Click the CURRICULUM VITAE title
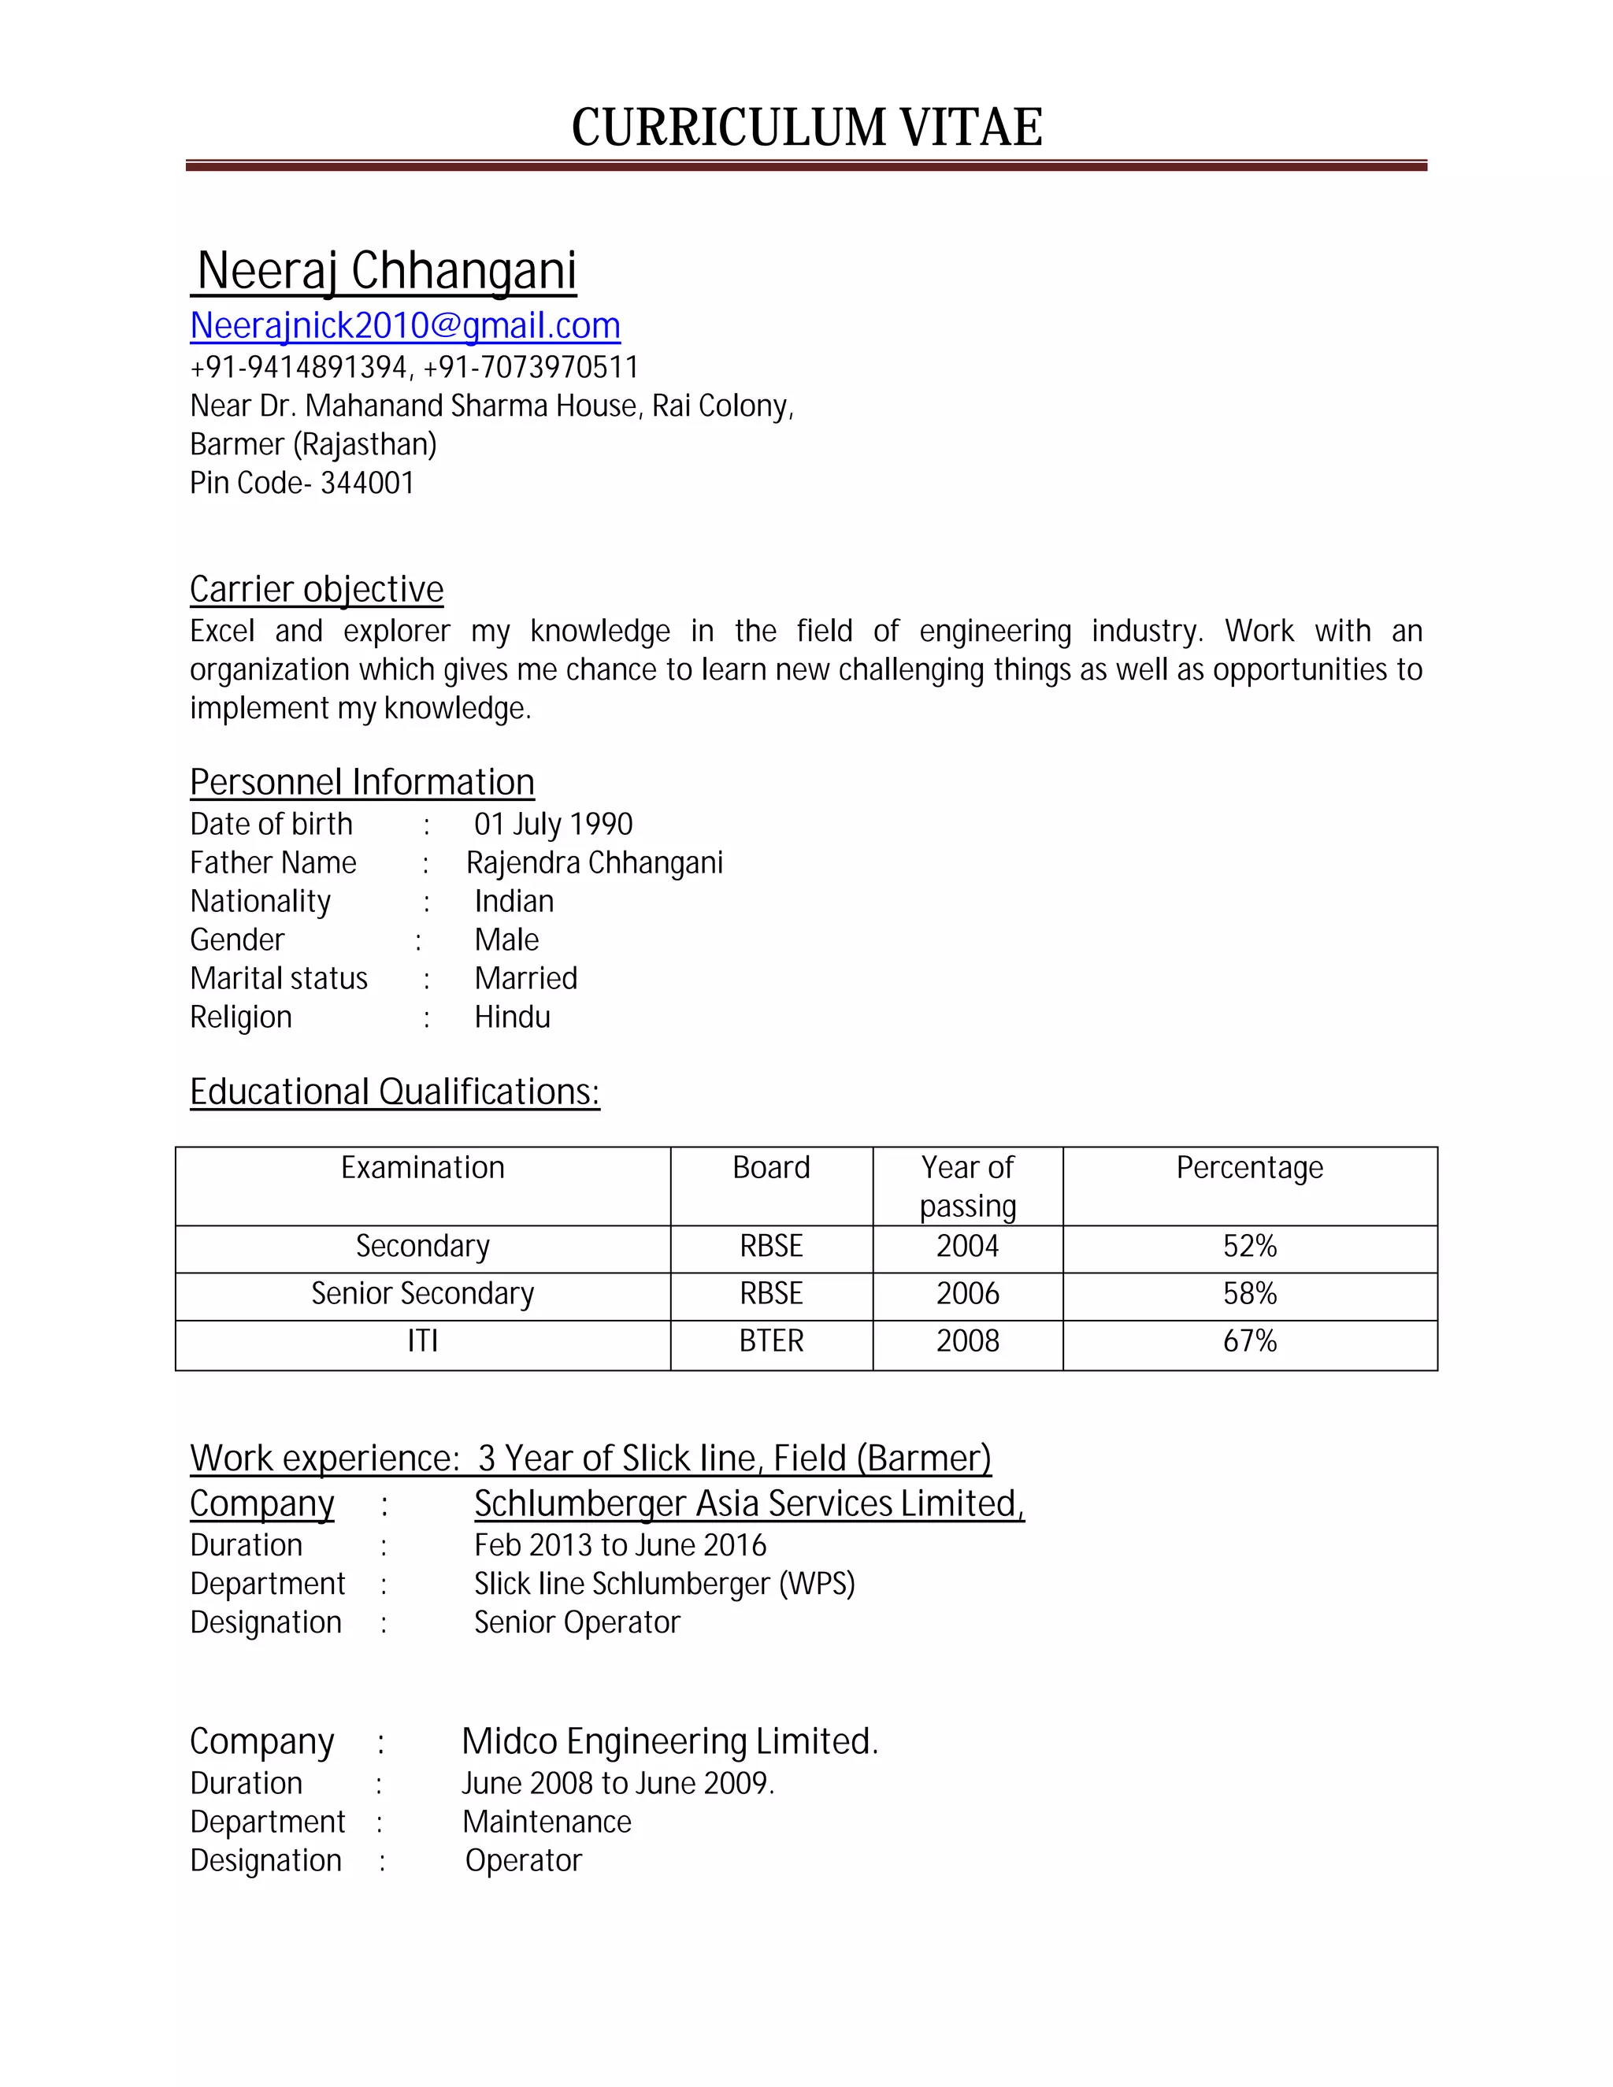click(806, 127)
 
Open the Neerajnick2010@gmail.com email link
click(405, 326)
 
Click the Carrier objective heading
click(317, 590)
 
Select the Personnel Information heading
click(362, 783)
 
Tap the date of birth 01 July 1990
click(553, 824)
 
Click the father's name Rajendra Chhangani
click(595, 863)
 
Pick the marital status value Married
click(525, 978)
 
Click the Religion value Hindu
click(512, 1017)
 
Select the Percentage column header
click(1249, 1168)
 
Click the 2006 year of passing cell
click(967, 1294)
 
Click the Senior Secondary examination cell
click(422, 1294)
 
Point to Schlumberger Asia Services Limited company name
click(749, 1504)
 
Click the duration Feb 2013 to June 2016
click(620, 1545)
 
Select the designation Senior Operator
click(577, 1622)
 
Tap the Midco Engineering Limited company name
click(669, 1742)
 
